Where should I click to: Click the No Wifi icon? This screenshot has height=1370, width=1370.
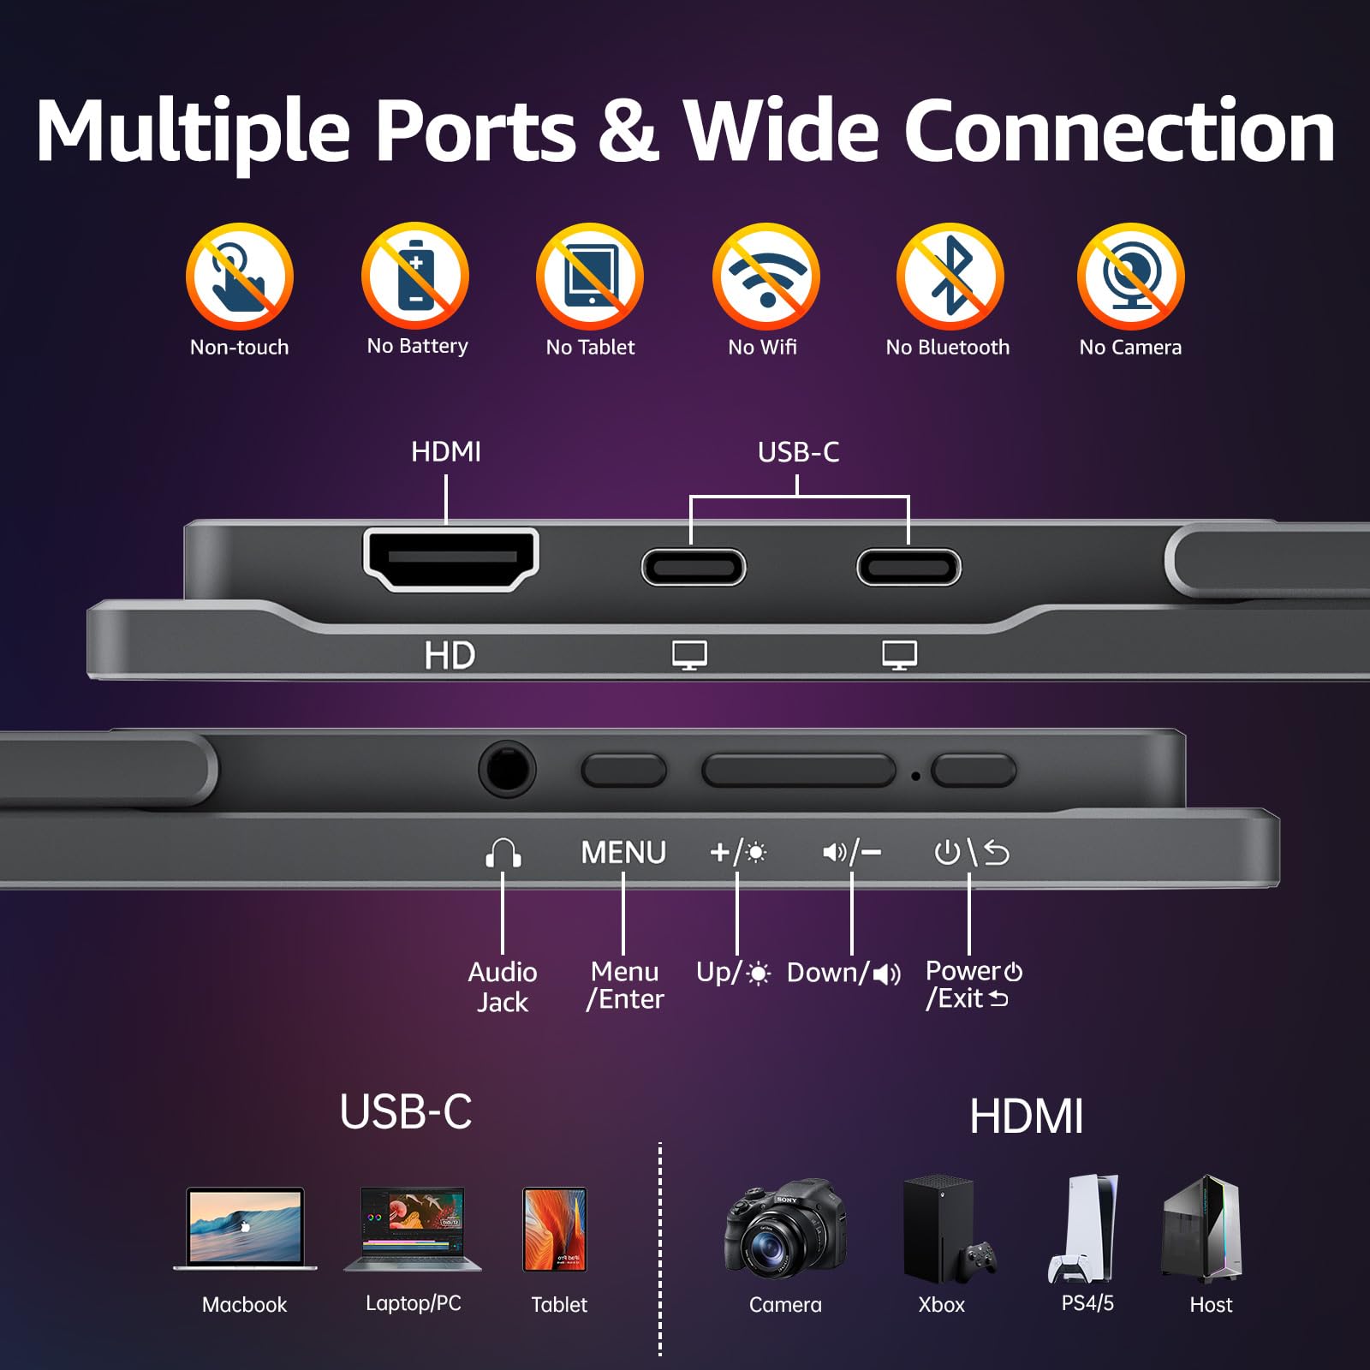pyautogui.click(x=765, y=276)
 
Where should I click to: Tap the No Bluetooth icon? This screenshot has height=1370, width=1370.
pyautogui.click(x=950, y=276)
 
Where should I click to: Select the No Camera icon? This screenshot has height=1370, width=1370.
pyautogui.click(x=1130, y=276)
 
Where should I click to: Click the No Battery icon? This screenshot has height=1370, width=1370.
pyautogui.click(x=415, y=276)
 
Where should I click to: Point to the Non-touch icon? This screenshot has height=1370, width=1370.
pyautogui.click(x=240, y=276)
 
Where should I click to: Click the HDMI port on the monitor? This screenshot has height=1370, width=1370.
pyautogui.click(x=451, y=558)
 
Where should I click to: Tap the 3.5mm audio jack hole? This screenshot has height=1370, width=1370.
pyautogui.click(x=507, y=769)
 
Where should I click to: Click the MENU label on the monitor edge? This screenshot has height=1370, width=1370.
pyautogui.click(x=623, y=852)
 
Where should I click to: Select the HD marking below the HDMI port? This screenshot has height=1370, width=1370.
pyautogui.click(x=450, y=656)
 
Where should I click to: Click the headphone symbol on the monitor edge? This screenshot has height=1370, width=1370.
pyautogui.click(x=503, y=853)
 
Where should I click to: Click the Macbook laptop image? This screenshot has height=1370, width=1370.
pyautogui.click(x=245, y=1229)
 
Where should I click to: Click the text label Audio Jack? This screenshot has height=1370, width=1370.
pyautogui.click(x=503, y=986)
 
